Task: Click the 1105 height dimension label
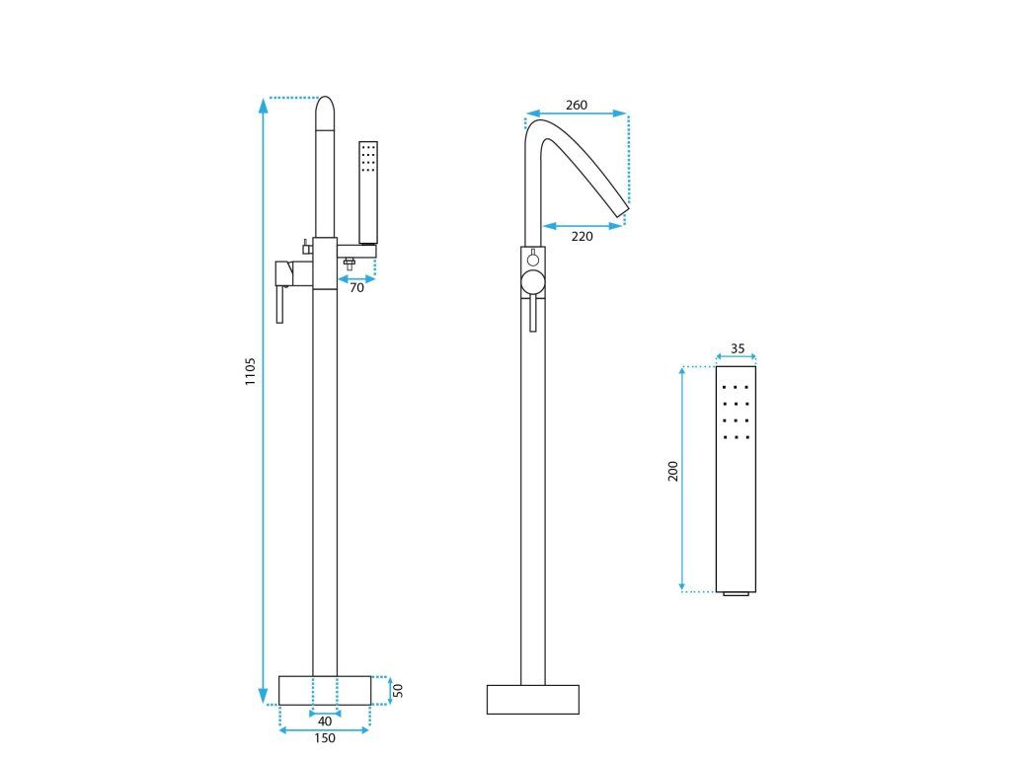click(x=250, y=371)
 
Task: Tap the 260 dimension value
click(x=577, y=105)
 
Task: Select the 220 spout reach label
click(x=582, y=237)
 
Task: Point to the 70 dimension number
click(x=356, y=288)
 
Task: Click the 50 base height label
click(x=398, y=690)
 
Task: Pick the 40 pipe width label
click(x=325, y=721)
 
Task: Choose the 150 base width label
click(x=324, y=738)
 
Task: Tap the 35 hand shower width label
click(x=738, y=348)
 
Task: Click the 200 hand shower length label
click(x=673, y=471)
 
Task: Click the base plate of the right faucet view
click(x=532, y=700)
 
